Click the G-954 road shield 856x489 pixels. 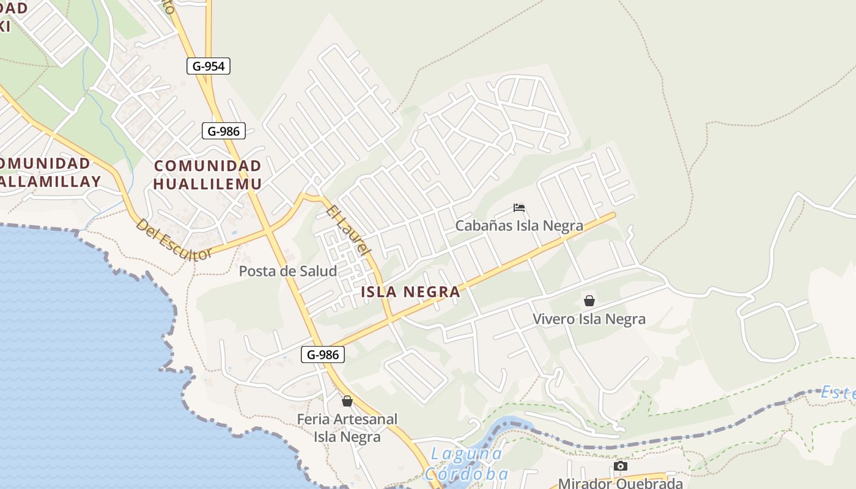[x=208, y=66]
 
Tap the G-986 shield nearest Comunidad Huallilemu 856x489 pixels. [x=224, y=130]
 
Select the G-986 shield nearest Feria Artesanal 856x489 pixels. [x=322, y=354]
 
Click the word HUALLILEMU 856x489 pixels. [x=207, y=183]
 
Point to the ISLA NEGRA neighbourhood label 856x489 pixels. [x=410, y=292]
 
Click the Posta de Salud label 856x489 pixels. [x=287, y=271]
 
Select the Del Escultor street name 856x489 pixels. [x=173, y=240]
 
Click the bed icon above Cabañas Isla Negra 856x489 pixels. [x=519, y=208]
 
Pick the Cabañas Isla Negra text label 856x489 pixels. [x=519, y=226]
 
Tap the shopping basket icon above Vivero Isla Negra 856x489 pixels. [x=589, y=301]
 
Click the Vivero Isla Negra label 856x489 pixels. [x=589, y=318]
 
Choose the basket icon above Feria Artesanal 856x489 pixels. [x=347, y=401]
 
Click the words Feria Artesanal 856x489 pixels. [x=347, y=419]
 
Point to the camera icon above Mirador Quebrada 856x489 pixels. [x=620, y=466]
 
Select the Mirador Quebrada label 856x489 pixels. [x=620, y=483]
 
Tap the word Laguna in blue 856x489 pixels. [x=467, y=454]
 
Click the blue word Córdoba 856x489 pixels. [x=467, y=474]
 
